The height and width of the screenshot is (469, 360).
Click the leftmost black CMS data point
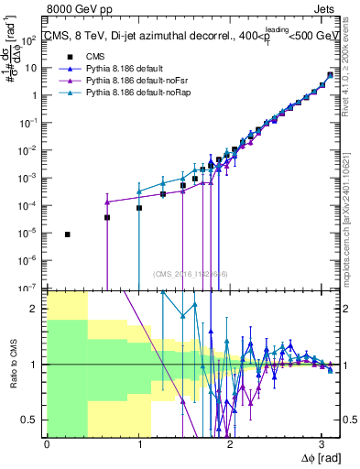pos(68,234)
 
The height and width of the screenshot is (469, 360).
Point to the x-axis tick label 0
pos(47,443)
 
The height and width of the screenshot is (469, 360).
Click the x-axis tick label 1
pos(138,443)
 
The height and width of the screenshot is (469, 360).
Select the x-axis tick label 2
pos(230,443)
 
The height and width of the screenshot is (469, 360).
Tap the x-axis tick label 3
pos(322,443)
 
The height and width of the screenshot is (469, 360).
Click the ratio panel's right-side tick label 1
pos(343,365)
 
